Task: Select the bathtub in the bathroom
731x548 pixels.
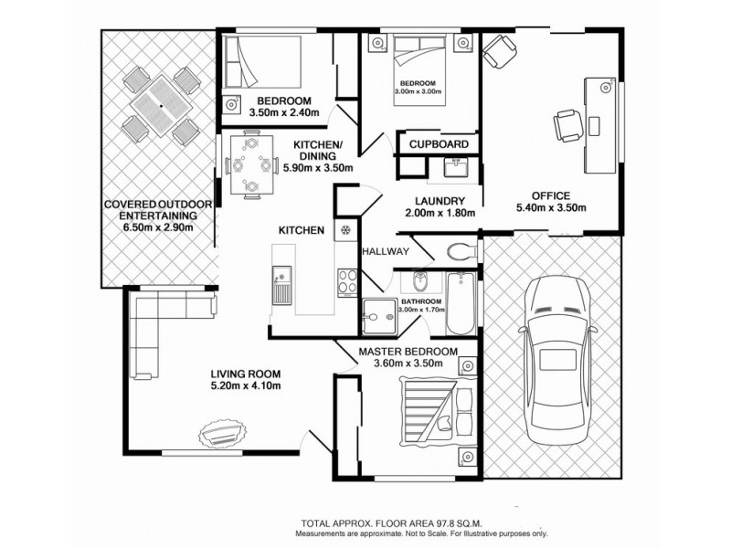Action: click(x=460, y=300)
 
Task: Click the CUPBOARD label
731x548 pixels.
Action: click(x=440, y=144)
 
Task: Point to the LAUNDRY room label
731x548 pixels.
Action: click(x=440, y=202)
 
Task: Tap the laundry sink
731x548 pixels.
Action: click(x=454, y=167)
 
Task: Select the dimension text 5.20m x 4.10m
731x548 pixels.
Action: click(x=245, y=386)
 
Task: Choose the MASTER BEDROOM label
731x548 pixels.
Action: click(x=408, y=352)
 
